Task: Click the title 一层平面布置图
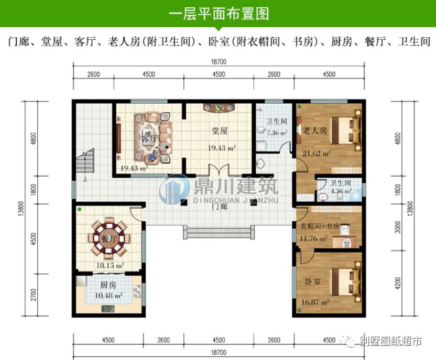point(219,14)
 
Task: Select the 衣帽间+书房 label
point(320,226)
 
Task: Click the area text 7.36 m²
point(276,133)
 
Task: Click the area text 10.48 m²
point(109,296)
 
